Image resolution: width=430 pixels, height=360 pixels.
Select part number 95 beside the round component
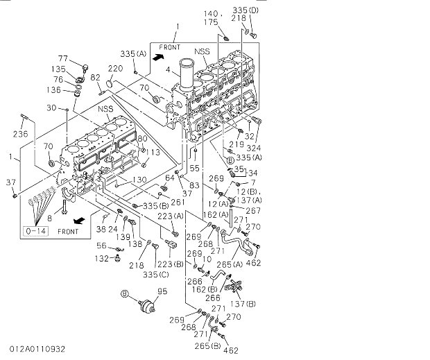click(x=163, y=291)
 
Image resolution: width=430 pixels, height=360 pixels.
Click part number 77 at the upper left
click(x=62, y=58)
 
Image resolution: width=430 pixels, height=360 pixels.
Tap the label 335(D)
click(x=244, y=10)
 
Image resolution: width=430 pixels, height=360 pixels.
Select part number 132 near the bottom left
click(x=102, y=258)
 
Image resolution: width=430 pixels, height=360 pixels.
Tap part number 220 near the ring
click(x=114, y=68)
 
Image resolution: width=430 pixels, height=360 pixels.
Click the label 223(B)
click(x=169, y=264)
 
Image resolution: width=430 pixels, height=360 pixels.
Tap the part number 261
click(x=178, y=202)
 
